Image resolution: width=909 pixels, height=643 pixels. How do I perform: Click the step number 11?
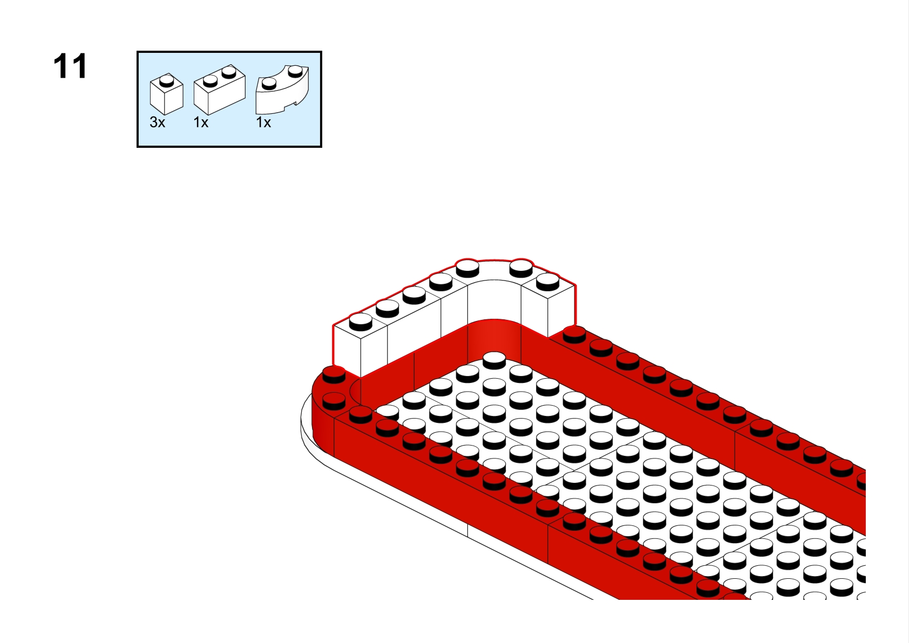(70, 66)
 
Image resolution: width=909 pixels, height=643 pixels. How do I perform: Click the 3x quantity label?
(158, 122)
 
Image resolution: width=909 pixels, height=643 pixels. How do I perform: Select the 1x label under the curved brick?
(263, 122)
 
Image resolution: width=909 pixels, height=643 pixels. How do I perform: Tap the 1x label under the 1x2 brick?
(201, 122)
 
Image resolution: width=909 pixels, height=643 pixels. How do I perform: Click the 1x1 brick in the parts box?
(166, 94)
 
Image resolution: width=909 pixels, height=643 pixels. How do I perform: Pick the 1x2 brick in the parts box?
(220, 90)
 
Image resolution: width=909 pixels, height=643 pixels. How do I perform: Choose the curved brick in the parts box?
(282, 90)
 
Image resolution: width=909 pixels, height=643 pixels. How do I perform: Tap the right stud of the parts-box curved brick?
(295, 71)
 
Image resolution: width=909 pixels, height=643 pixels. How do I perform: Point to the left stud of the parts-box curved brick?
(269, 84)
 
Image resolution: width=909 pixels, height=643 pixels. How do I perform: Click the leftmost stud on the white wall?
(361, 321)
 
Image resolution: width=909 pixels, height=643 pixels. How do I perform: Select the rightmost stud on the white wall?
(547, 282)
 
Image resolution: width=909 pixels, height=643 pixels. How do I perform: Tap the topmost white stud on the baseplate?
(494, 360)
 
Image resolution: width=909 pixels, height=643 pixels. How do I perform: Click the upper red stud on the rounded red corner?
(334, 374)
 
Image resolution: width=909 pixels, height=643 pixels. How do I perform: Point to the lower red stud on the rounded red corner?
(334, 401)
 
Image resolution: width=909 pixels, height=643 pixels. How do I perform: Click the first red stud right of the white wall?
(574, 335)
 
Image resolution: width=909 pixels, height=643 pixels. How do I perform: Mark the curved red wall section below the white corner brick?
(494, 340)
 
